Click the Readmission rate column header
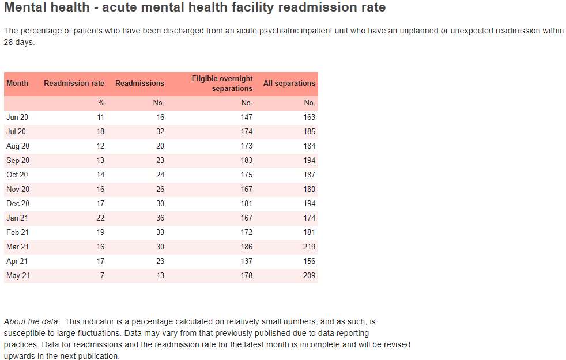pyautogui.click(x=74, y=84)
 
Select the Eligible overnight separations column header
pyautogui.click(x=222, y=84)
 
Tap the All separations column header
pyautogui.click(x=289, y=84)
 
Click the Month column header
pyautogui.click(x=17, y=84)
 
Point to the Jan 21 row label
pyautogui.click(x=17, y=218)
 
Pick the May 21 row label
pyautogui.click(x=18, y=275)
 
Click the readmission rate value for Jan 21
pyautogui.click(x=100, y=218)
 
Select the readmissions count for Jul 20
pyautogui.click(x=160, y=132)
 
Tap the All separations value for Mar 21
pyautogui.click(x=310, y=247)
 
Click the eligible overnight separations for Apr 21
pyautogui.click(x=247, y=261)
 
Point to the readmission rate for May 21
pyautogui.click(x=102, y=275)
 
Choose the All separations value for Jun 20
pyautogui.click(x=310, y=118)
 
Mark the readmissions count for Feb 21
pyautogui.click(x=160, y=232)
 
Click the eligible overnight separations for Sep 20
pyautogui.click(x=247, y=161)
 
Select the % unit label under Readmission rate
pyautogui.click(x=101, y=103)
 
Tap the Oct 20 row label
pyautogui.click(x=17, y=175)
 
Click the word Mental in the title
pyautogui.click(x=28, y=7)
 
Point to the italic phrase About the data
pyautogui.click(x=32, y=321)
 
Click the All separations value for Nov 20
pyautogui.click(x=310, y=190)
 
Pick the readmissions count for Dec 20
pyautogui.click(x=160, y=203)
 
